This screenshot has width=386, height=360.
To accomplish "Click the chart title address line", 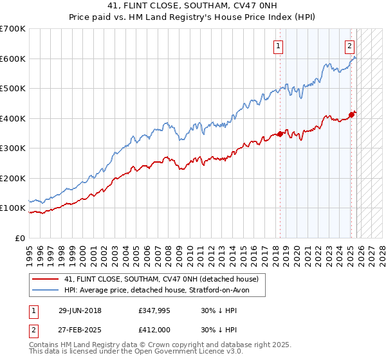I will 193,6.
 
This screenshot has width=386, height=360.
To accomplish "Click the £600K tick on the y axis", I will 13,59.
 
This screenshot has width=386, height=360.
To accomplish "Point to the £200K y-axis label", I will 13,178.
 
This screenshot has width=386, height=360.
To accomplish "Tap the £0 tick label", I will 20,238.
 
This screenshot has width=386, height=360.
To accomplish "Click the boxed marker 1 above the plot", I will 278,46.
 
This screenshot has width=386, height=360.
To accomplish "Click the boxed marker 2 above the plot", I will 349,46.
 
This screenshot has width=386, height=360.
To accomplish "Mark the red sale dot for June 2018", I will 280,134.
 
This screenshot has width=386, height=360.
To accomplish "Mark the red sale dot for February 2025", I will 351,115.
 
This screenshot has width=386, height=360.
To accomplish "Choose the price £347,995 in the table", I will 156,310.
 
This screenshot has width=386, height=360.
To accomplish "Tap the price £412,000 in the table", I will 156,328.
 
